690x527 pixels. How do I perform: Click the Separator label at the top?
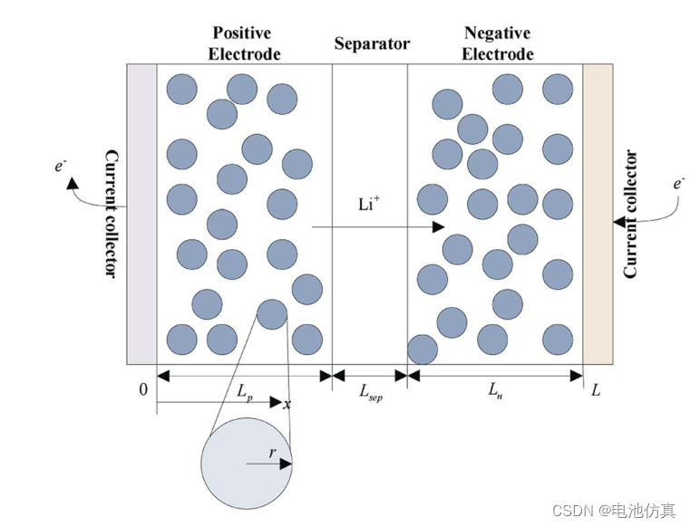click(372, 43)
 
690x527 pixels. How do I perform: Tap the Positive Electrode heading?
click(243, 43)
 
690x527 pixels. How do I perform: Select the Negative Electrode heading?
click(497, 43)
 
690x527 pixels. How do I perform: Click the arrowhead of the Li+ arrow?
click(440, 226)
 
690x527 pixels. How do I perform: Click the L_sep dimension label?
click(370, 392)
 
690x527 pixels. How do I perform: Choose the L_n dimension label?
click(495, 391)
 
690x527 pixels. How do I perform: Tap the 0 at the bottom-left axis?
click(142, 390)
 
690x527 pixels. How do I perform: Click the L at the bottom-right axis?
click(596, 390)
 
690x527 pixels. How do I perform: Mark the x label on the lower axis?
click(287, 403)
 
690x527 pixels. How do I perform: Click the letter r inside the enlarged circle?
click(271, 453)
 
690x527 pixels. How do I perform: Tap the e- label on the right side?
click(678, 183)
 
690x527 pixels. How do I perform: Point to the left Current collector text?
click(111, 214)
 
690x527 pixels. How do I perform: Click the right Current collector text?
click(631, 214)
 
